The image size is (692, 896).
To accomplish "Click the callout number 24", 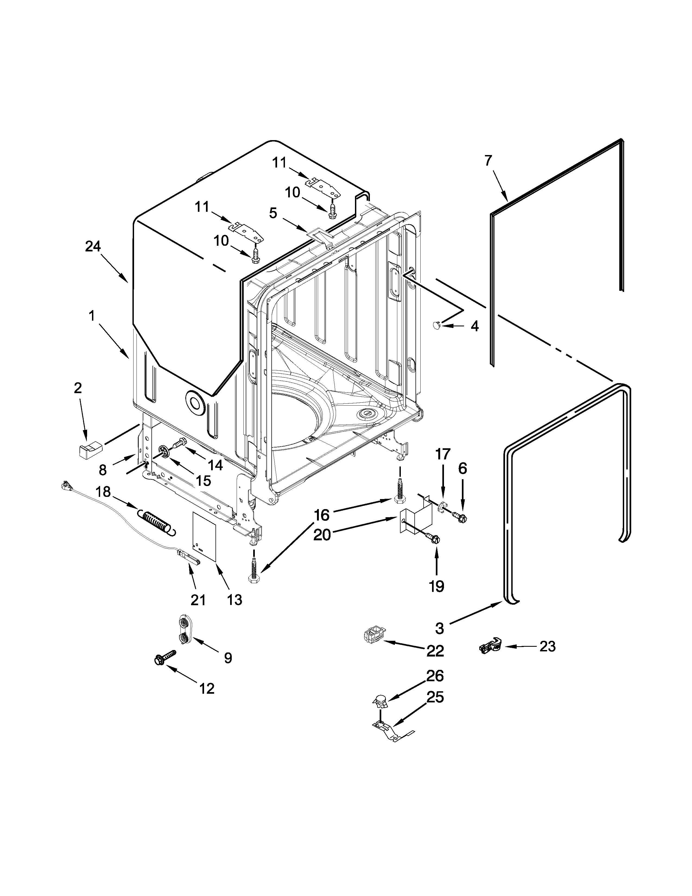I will (x=93, y=246).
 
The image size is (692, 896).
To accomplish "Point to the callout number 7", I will (x=488, y=160).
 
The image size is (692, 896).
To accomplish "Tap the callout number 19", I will (x=437, y=586).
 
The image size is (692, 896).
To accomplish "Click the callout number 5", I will (x=273, y=213).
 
